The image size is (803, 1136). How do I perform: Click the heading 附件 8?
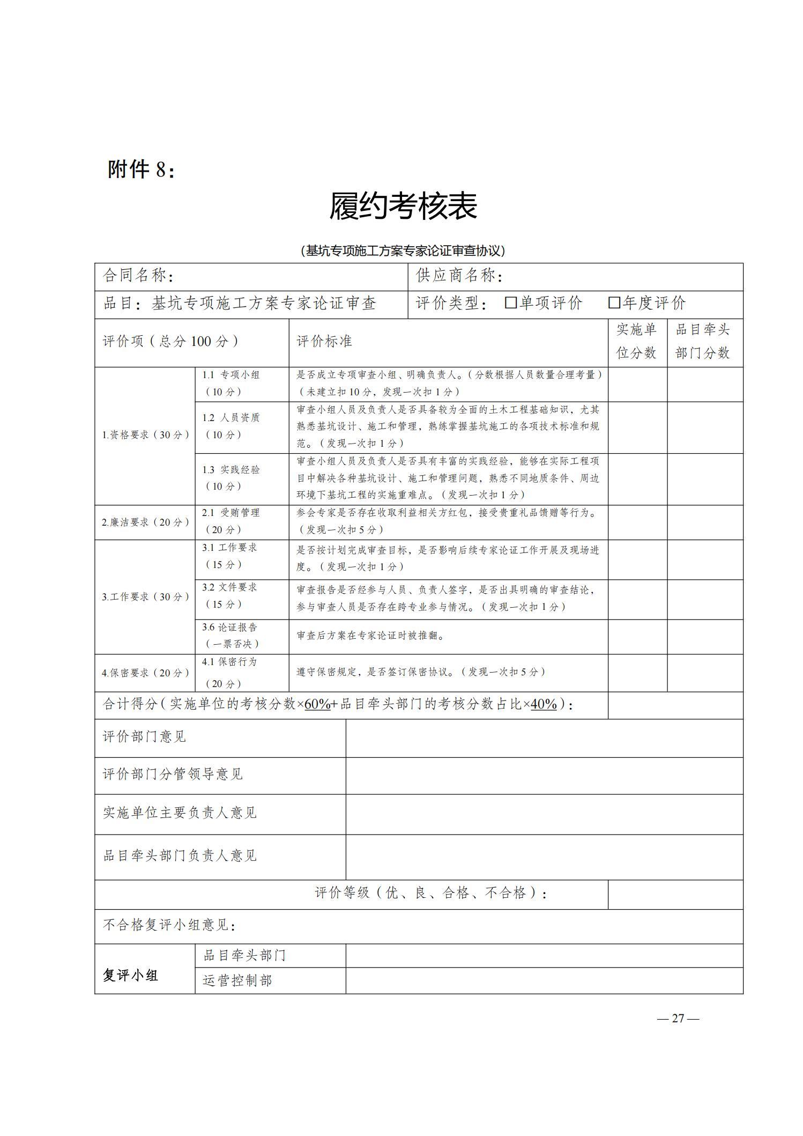coord(141,169)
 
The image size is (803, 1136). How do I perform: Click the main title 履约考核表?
coord(403,206)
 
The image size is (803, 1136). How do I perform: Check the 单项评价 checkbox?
coord(510,303)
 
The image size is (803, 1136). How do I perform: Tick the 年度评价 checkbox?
coord(614,303)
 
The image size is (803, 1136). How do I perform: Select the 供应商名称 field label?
coord(459,276)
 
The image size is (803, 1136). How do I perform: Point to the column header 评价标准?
coord(324,342)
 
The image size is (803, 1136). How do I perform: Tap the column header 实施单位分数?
coord(636,341)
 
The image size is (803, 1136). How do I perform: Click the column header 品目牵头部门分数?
coord(703,341)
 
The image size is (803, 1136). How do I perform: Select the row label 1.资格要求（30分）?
coord(145,435)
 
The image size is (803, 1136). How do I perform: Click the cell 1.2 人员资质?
coord(231,426)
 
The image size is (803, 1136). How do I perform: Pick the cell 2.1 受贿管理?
coord(231,521)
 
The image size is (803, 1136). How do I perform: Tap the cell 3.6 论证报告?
coord(231,635)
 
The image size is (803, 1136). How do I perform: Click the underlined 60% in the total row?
coord(317,704)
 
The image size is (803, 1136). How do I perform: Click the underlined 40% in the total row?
coord(544,704)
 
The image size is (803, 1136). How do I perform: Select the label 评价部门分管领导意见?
coord(173,774)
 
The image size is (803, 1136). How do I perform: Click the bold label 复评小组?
coord(130,975)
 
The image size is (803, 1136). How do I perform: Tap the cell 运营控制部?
coord(237,980)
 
